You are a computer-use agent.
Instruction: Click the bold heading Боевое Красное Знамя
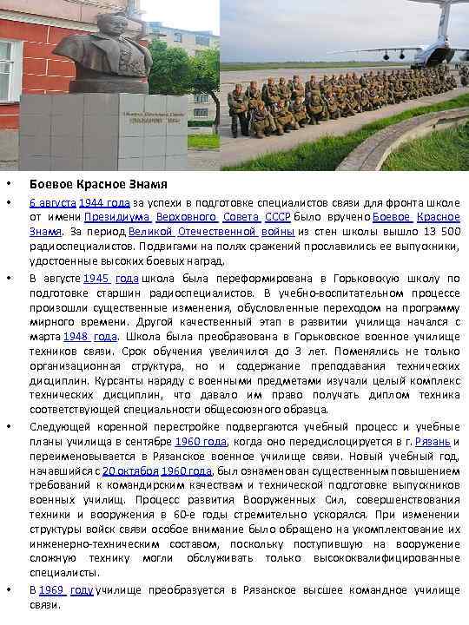(x=98, y=185)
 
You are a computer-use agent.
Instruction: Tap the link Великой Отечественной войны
(x=212, y=232)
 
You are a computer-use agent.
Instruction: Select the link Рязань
(x=433, y=441)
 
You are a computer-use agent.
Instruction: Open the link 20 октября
(x=130, y=470)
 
